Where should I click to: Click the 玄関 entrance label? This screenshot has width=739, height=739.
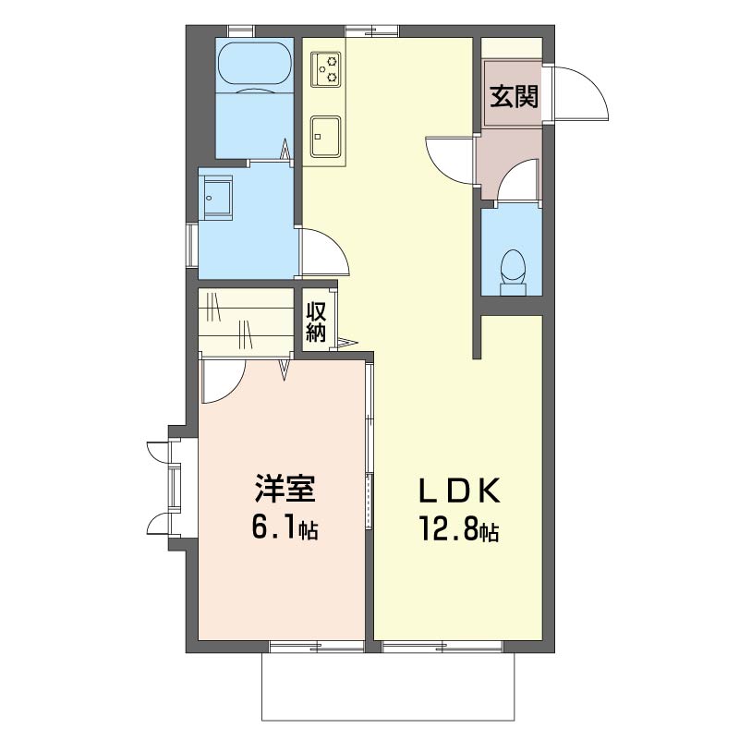click(514, 97)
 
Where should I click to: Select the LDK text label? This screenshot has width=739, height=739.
click(459, 491)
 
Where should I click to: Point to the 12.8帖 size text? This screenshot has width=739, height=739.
click(459, 528)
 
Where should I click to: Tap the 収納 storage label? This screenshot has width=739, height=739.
click(316, 321)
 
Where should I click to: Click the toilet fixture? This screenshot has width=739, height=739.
click(513, 272)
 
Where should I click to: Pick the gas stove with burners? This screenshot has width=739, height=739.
click(325, 69)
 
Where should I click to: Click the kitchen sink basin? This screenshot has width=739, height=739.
click(325, 137)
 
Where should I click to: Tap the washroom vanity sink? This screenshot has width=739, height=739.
click(217, 198)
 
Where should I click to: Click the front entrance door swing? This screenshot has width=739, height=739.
click(581, 93)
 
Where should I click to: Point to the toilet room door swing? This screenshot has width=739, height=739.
click(517, 180)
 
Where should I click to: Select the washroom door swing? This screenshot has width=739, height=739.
click(325, 251)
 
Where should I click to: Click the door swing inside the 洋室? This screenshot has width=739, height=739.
click(222, 382)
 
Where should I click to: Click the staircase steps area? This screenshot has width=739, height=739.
click(245, 321)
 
